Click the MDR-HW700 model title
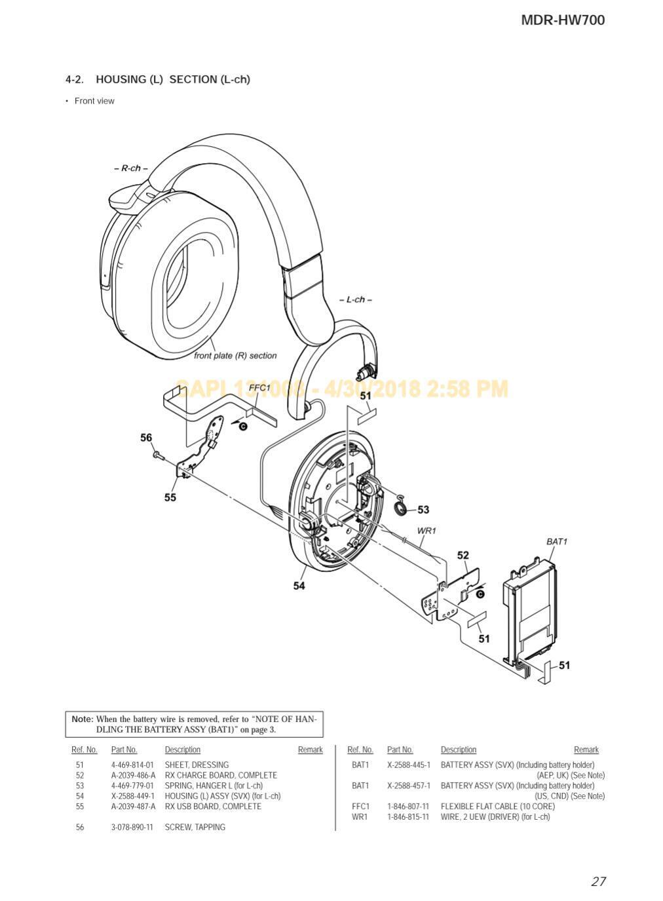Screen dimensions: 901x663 pos(562,20)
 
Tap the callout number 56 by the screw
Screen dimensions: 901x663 pos(146,438)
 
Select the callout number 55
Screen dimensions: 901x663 pos(170,497)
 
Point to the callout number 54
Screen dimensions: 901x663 pos(299,586)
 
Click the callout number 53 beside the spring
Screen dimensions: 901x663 pos(423,510)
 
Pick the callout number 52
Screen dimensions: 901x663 pos(463,556)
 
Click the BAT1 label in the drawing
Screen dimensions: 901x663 pos(557,541)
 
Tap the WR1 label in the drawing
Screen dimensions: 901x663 pos(426,531)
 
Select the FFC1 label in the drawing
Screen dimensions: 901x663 pos(259,388)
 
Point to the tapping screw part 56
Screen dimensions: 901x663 pos(158,454)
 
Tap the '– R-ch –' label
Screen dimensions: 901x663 pos(131,168)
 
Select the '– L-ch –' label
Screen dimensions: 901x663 pos(356,299)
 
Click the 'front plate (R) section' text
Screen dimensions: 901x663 pos(235,356)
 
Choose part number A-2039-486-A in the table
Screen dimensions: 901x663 pos(133,775)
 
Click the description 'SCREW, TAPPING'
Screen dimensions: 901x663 pos(195,828)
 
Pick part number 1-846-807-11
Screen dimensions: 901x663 pos(407,807)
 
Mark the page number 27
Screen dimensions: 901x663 pos(598,881)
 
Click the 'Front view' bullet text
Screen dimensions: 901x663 pos(94,101)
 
